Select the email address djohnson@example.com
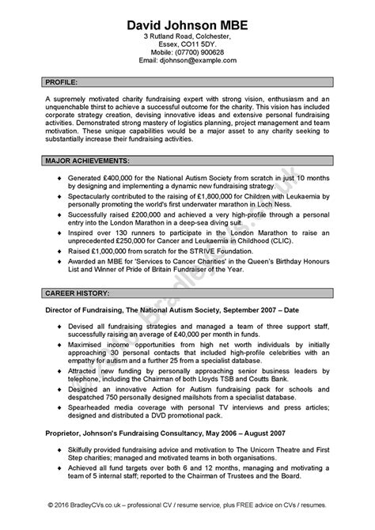[202, 60]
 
